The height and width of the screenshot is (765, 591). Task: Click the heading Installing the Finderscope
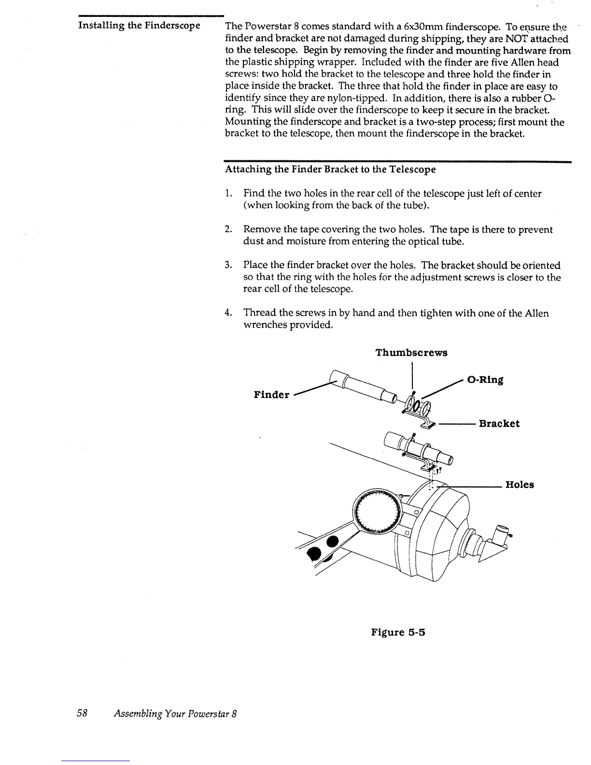(139, 25)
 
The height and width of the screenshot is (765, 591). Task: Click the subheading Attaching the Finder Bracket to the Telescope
(330, 170)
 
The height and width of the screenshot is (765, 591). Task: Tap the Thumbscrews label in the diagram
(411, 353)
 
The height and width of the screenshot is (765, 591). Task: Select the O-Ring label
(485, 380)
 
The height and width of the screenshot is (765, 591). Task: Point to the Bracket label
(499, 424)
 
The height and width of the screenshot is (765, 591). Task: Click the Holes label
(520, 485)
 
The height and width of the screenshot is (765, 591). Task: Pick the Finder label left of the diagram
(271, 395)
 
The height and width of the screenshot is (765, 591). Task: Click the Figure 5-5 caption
(398, 632)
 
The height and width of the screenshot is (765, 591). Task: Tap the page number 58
(82, 714)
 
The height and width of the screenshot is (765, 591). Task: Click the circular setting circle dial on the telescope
(377, 508)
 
